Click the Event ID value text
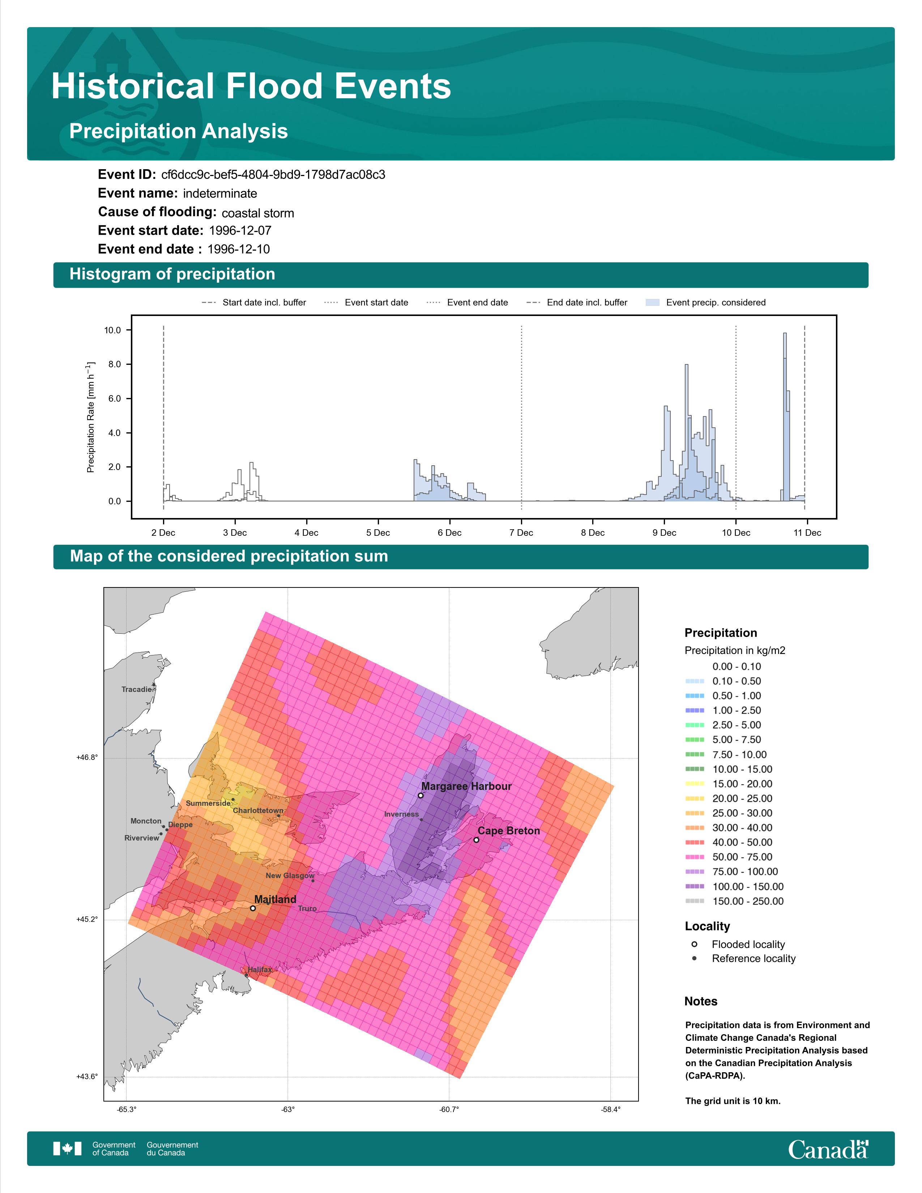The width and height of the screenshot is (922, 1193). coord(273,175)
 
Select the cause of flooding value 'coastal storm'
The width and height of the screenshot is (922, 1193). coord(258,213)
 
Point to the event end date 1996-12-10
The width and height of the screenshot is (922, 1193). coord(239,249)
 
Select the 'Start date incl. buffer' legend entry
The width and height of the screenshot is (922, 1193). coord(254,303)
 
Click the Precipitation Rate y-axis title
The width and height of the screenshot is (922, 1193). coord(91,417)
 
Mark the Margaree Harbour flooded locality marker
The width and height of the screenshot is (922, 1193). coord(421,795)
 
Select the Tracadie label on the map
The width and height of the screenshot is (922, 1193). coord(137,689)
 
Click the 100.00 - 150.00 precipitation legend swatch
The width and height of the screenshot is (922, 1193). coord(695,886)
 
